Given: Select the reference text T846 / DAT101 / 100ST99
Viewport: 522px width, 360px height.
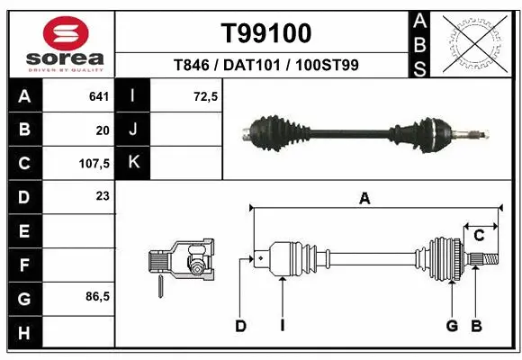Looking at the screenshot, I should point(266,65).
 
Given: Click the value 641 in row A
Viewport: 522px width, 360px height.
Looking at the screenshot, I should point(99,95).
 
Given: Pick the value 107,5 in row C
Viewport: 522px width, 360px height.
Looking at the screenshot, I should point(94,163).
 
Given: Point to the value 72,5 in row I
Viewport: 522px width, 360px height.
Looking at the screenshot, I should point(206,95).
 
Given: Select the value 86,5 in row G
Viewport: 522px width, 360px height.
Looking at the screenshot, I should point(96,296).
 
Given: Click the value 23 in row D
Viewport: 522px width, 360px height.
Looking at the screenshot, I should point(102,196).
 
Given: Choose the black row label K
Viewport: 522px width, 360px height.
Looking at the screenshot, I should point(134,163).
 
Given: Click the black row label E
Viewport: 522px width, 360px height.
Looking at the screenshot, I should point(23,230).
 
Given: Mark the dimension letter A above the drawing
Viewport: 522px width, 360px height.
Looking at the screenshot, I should point(364,200).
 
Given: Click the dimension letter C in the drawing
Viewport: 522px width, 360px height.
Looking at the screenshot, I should point(479,236).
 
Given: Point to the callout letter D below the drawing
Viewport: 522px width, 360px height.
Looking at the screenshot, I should point(240,325).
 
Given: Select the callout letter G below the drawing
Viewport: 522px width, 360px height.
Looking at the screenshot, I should point(452,325).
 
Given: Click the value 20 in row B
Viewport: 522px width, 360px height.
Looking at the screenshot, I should point(102,130).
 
